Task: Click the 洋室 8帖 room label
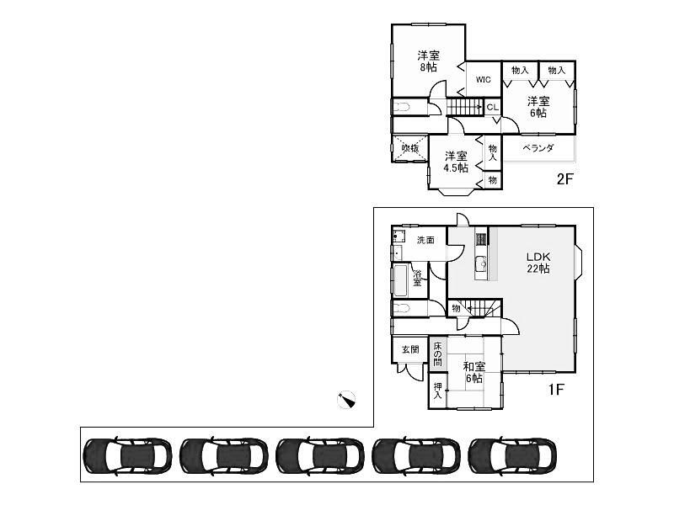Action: coord(428,61)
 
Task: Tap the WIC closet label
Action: coord(483,80)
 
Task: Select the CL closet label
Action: coord(492,107)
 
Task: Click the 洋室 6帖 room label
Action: coord(538,107)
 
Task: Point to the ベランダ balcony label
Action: coord(538,148)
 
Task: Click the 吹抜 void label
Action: coord(410,149)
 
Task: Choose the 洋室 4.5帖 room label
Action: coord(456,162)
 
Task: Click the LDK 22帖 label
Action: coord(538,263)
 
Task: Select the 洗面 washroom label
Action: coord(425,240)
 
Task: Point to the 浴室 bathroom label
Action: coord(417,277)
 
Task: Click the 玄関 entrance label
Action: coord(409,349)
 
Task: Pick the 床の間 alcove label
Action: coord(438,353)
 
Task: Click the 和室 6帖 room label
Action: coord(473,372)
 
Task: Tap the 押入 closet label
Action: coord(438,391)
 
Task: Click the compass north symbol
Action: coord(345,400)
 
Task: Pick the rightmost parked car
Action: coord(511,454)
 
